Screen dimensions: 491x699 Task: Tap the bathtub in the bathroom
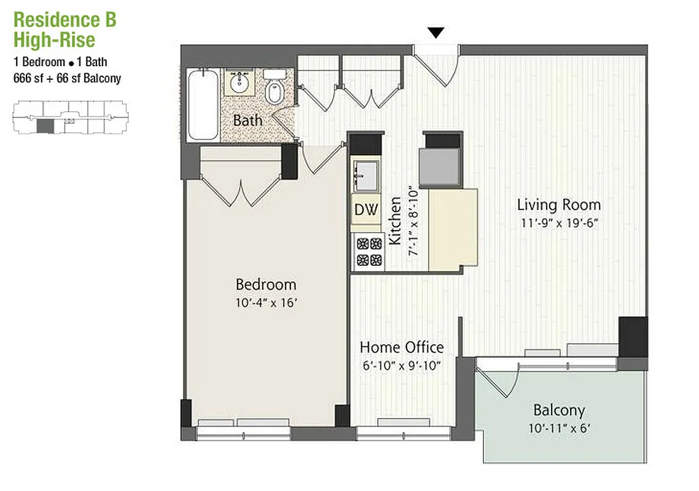point(203,104)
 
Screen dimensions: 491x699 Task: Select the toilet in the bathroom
point(274,88)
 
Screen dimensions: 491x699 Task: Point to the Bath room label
point(248,120)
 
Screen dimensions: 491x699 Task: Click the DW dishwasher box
point(366,210)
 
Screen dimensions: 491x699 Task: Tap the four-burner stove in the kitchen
point(368,251)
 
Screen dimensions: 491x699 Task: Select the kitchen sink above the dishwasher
point(367,176)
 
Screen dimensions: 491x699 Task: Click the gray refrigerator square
point(439,168)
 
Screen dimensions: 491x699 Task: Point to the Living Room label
point(558,205)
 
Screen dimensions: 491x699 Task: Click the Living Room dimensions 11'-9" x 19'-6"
point(558,223)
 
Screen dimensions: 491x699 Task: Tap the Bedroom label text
point(265,285)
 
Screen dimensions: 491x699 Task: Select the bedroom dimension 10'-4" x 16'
point(265,303)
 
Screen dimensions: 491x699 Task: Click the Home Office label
point(402,347)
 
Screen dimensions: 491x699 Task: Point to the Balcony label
point(558,410)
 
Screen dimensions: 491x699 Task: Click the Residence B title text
point(64,20)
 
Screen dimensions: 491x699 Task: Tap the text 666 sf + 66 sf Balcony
point(67,78)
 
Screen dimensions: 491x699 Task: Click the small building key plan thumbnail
point(69,118)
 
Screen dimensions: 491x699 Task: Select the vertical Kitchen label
point(395,221)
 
